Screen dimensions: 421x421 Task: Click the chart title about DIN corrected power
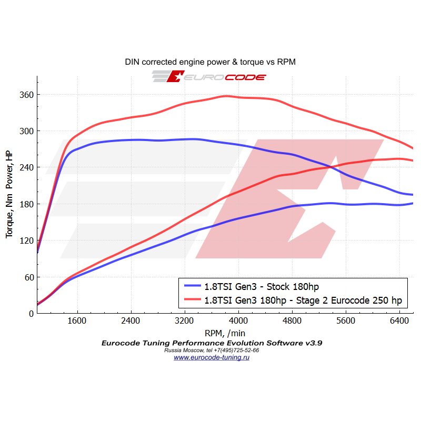pyautogui.click(x=210, y=62)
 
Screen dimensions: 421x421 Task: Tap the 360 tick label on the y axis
pyautogui.click(x=27, y=95)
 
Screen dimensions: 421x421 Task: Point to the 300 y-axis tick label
pyautogui.click(x=27, y=131)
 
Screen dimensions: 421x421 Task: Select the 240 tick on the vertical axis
pyautogui.click(x=27, y=167)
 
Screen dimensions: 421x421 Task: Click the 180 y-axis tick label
pyautogui.click(x=27, y=204)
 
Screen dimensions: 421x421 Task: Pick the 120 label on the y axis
pyautogui.click(x=27, y=240)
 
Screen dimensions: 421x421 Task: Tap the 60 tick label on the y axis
pyautogui.click(x=28, y=277)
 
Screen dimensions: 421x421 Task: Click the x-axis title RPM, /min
pyautogui.click(x=225, y=333)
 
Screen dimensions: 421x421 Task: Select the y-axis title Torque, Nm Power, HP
pyautogui.click(x=9, y=194)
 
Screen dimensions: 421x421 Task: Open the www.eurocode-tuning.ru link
pyautogui.click(x=211, y=357)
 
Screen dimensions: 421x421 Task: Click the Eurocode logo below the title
pyautogui.click(x=209, y=77)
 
